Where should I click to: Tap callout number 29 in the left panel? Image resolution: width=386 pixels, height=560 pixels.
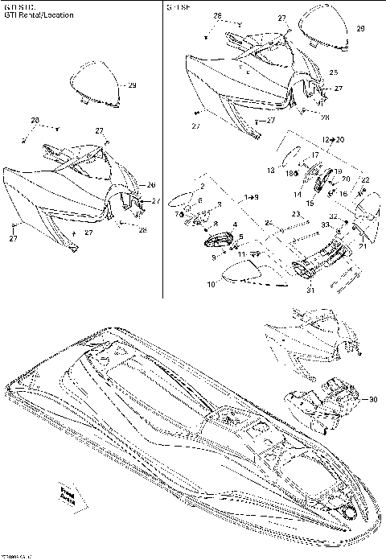coord(132,85)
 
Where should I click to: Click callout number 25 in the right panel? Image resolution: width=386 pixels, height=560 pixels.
coord(333,72)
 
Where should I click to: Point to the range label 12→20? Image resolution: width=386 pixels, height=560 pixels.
coord(310,140)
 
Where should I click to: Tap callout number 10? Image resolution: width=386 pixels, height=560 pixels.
coord(211,284)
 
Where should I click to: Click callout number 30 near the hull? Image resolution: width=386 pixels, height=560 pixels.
coord(372,399)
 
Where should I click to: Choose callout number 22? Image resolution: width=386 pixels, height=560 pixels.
coord(364,180)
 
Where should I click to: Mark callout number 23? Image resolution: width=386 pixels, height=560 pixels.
coord(296,214)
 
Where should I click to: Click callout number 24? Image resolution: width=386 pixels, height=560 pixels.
coord(269,222)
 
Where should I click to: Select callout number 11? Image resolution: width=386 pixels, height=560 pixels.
coord(241,255)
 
